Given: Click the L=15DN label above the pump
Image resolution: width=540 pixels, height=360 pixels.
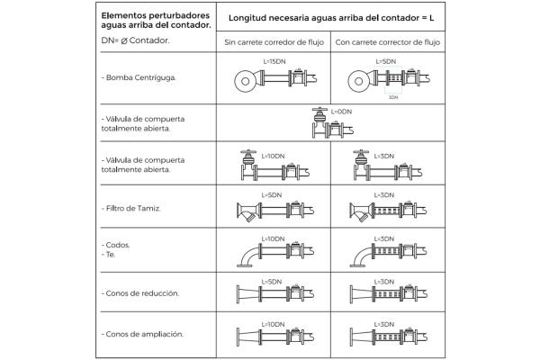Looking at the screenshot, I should [x=274, y=61].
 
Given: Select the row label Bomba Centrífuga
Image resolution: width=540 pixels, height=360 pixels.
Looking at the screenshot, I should [x=139, y=77].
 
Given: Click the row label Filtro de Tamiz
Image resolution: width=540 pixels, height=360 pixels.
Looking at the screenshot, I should [x=131, y=208].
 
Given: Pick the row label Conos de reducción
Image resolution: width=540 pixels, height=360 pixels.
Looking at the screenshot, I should [x=141, y=293].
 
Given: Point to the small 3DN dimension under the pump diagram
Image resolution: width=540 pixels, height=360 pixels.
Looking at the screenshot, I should [x=393, y=96].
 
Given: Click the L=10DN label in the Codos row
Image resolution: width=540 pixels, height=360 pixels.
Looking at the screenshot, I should [x=273, y=238].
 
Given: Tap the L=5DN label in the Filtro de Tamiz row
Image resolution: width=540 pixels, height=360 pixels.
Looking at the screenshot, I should [x=273, y=194].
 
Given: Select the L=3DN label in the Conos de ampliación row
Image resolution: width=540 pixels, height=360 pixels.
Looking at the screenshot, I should [x=384, y=323].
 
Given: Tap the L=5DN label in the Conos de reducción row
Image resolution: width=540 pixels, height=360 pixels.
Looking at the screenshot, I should [x=273, y=281].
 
